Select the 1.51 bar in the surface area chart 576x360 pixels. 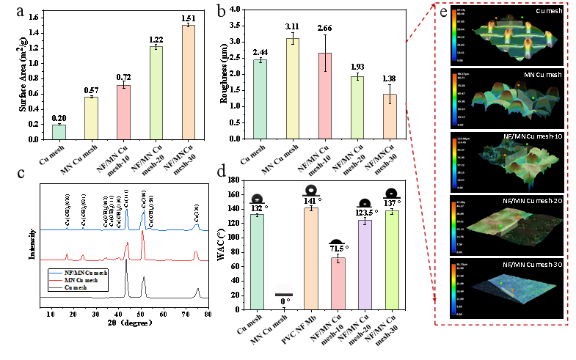(x=189, y=81)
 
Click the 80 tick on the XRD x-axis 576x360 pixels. (x=208, y=313)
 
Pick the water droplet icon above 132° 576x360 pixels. (x=256, y=198)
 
